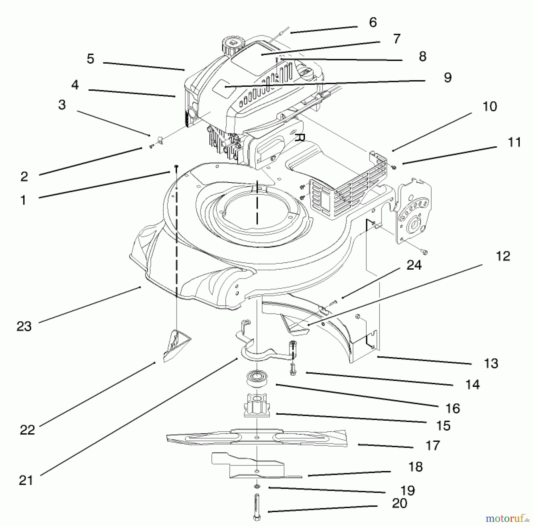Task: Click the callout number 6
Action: click(x=373, y=22)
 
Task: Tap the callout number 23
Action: click(x=24, y=326)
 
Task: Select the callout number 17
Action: click(x=433, y=445)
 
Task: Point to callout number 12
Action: click(x=503, y=256)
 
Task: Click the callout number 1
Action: click(x=23, y=200)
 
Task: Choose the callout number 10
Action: click(x=490, y=107)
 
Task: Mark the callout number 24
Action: click(x=414, y=265)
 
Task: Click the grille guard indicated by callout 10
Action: click(x=349, y=189)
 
